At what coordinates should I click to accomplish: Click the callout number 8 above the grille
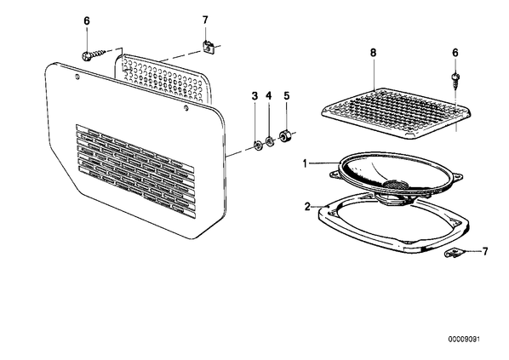click(374, 53)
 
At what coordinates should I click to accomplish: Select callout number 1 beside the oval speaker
click(305, 163)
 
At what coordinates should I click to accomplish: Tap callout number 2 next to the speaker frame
click(307, 207)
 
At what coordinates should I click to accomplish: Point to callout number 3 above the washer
click(254, 96)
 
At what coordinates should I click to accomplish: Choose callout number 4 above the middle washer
click(268, 96)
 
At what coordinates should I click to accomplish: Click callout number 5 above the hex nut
click(286, 96)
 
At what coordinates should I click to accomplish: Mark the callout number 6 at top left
click(87, 21)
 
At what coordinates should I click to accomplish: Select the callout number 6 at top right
click(455, 53)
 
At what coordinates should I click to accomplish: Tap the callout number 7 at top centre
click(205, 20)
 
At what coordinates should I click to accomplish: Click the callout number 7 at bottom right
click(485, 251)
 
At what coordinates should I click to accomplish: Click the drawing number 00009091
click(464, 340)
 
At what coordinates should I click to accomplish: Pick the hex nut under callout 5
click(285, 135)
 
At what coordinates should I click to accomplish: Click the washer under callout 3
click(258, 145)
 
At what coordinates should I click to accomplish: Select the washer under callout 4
click(270, 141)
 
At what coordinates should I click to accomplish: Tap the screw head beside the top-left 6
click(86, 56)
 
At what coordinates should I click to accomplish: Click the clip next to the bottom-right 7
click(453, 253)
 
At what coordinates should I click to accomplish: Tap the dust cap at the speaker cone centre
click(396, 184)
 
